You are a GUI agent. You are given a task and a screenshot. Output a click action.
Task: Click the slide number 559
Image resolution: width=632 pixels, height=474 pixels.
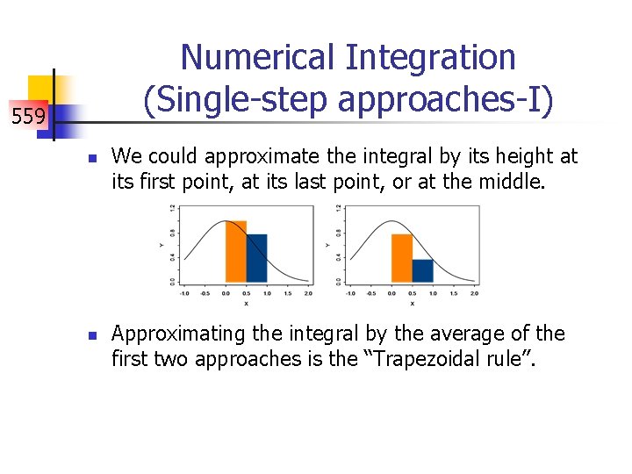coord(28,116)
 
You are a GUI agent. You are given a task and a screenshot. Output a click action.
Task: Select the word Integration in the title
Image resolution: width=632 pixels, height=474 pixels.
coord(430,58)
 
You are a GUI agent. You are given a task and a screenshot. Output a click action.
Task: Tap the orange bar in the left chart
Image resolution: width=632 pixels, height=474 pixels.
coord(235,251)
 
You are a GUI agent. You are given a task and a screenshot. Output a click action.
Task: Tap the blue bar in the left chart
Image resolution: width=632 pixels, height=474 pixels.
coord(256,258)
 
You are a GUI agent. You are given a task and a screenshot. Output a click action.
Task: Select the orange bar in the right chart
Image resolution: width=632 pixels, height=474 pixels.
coord(401,258)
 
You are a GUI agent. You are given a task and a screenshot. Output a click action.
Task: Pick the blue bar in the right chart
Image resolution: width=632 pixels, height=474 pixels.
coord(422,270)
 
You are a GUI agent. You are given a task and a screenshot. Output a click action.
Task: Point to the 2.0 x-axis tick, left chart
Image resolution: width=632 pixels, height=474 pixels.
coord(308,295)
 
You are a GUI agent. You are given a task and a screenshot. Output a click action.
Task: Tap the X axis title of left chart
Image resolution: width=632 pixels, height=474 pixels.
coord(246,303)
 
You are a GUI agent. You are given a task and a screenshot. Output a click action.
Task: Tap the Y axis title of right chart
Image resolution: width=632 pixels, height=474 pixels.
coord(328,244)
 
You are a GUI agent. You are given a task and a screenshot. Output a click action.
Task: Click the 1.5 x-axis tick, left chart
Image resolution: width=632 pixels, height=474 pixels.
coord(287,295)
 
